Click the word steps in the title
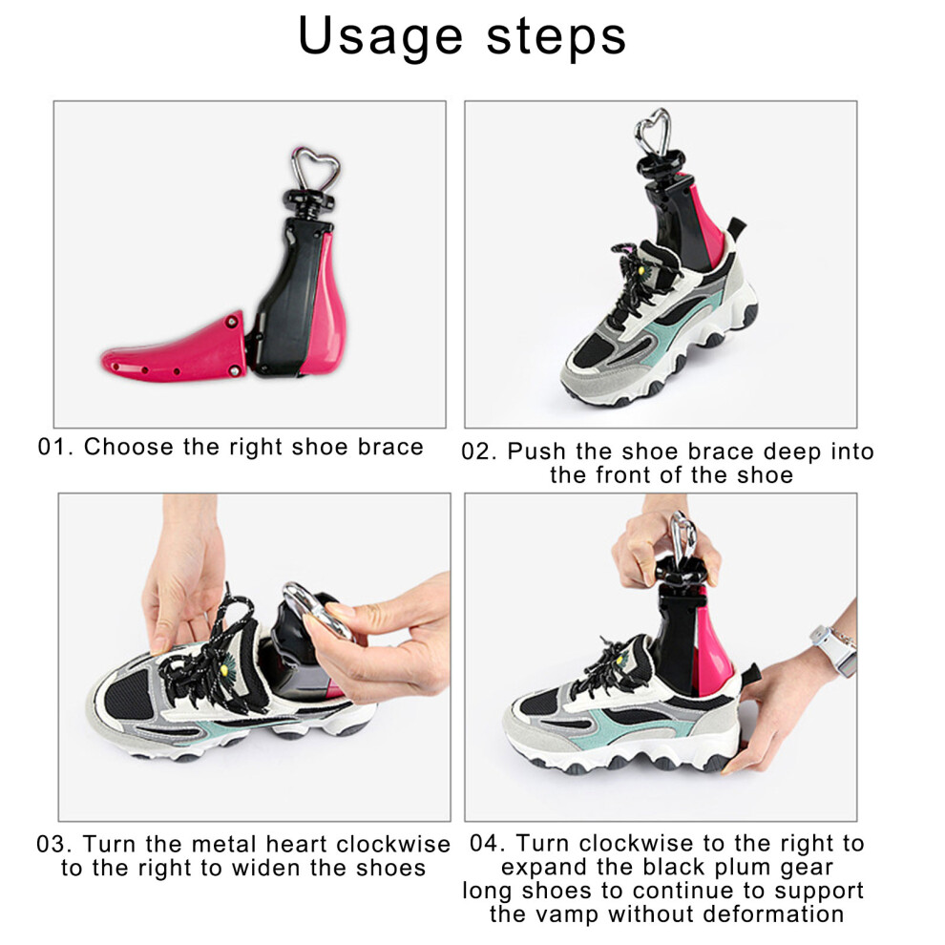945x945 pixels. [x=556, y=37]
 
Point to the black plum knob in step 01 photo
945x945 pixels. [x=308, y=202]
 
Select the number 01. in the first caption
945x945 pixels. [x=55, y=447]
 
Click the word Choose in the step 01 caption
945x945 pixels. [x=128, y=447]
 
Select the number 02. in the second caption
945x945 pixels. [x=479, y=452]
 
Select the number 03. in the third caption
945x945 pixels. [x=54, y=844]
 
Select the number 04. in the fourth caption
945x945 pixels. [x=488, y=843]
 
